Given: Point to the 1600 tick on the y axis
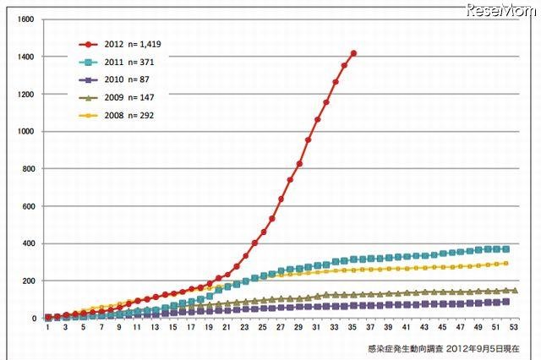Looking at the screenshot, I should point(25,19).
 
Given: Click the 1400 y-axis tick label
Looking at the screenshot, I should point(25,57).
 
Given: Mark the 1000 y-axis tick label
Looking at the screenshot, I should point(25,132).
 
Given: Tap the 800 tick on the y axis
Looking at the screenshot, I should point(28,169).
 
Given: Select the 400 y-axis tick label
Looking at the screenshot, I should point(28,243).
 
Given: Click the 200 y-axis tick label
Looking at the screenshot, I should point(28,281).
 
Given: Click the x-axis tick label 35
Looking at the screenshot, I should point(353,328).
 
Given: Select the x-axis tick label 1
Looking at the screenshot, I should point(48,328).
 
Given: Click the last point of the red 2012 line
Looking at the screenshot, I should point(353,53).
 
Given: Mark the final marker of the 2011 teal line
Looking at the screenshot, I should point(505,248).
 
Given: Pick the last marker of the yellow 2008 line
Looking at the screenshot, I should point(505,264).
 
